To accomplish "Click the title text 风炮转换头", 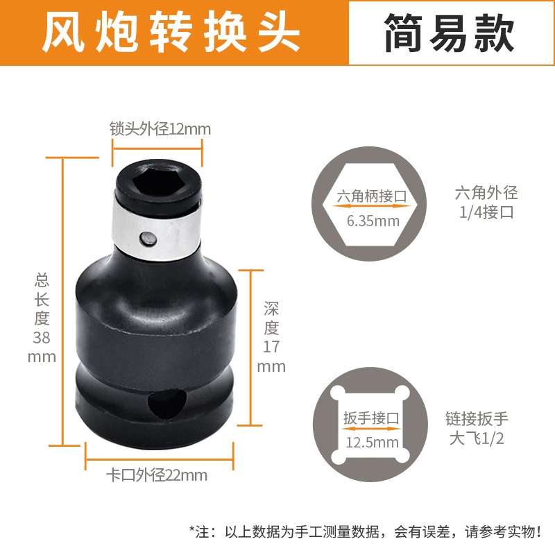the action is click(x=171, y=31).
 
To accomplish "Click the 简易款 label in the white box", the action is click(x=449, y=33).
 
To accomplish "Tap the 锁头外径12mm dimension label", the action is click(x=160, y=129).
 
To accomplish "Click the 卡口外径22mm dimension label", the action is click(x=157, y=475).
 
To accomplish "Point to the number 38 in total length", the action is click(x=42, y=337).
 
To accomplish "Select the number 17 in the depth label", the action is click(x=271, y=346).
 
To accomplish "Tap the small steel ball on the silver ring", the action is click(x=148, y=239).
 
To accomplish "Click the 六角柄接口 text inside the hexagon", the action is click(x=372, y=196).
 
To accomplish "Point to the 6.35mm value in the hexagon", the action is click(x=373, y=221).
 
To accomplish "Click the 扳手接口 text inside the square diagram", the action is click(x=371, y=418).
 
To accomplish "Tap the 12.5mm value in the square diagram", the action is click(x=373, y=443).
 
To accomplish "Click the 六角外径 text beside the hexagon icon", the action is click(x=486, y=193).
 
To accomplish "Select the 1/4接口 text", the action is click(x=487, y=212).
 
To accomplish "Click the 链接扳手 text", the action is click(x=477, y=419).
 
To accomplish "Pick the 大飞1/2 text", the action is click(x=477, y=438).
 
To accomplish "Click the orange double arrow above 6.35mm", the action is click(x=371, y=206).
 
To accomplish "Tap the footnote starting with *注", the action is click(x=366, y=532).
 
